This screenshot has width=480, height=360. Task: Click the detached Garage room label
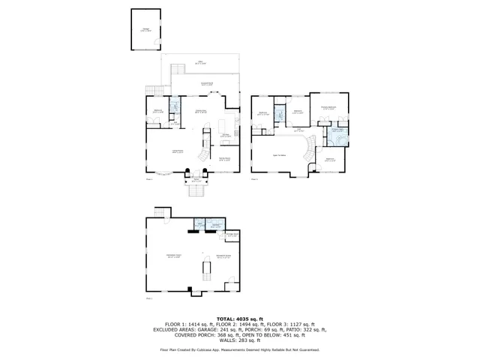[146, 29]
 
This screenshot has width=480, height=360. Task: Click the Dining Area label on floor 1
[201, 112]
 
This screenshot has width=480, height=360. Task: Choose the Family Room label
[223, 160]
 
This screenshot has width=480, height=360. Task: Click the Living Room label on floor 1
[178, 152]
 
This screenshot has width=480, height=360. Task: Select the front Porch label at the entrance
[196, 181]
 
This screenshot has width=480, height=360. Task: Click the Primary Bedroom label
[330, 108]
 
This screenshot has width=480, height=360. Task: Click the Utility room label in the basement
[215, 226]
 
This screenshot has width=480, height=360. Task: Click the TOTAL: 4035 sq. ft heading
[239, 319]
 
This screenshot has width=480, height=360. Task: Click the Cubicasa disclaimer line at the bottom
[239, 350]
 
